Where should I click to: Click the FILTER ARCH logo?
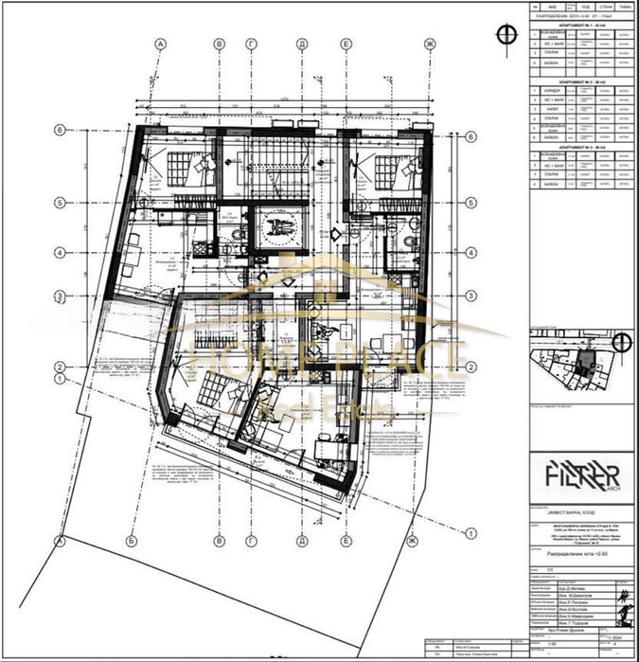[x=580, y=474]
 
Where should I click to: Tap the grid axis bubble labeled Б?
[x=219, y=45]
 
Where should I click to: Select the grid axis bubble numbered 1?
[x=59, y=379]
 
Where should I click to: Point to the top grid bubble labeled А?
[x=161, y=45]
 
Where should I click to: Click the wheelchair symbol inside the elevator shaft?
[x=278, y=228]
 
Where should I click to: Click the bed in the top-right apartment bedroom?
[x=389, y=171]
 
